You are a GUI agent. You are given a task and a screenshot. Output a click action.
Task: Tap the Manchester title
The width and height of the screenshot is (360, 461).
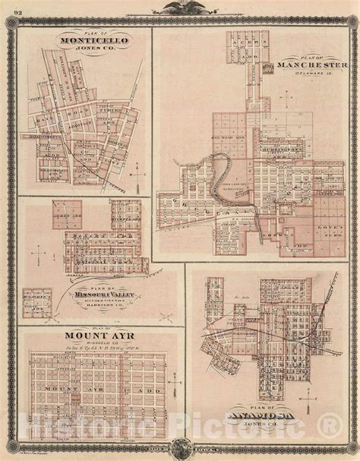point(313,65)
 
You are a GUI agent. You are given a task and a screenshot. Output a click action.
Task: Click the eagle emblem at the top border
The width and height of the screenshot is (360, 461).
point(180,8)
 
